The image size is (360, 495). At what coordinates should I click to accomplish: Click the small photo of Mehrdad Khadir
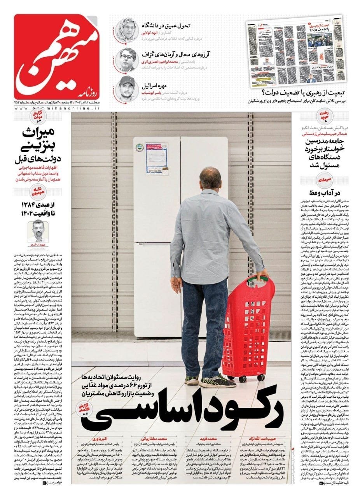(39, 230)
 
